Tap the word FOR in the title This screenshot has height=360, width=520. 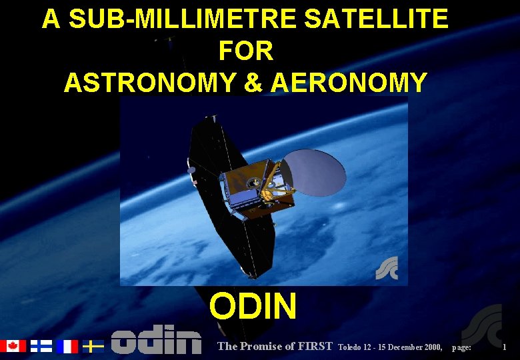coord(245,51)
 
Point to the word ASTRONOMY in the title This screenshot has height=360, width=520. coord(150,82)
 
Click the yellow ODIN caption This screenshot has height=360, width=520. coord(253,307)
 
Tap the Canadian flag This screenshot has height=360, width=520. coord(12,346)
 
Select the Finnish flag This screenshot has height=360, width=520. coord(41,346)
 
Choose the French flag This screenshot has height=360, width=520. coord(67,346)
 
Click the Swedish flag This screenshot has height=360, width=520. coord(93,346)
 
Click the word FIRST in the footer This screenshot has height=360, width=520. coord(315,346)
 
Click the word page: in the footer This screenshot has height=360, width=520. coord(462,347)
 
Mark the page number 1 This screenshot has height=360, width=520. coord(505,347)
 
